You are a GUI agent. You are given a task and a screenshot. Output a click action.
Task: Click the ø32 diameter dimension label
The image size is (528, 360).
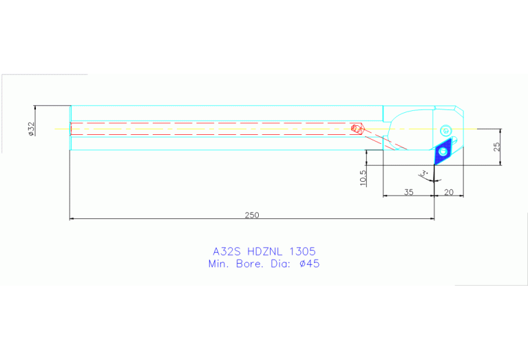(31, 129)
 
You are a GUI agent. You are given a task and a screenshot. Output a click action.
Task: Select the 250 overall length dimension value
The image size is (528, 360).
(252, 215)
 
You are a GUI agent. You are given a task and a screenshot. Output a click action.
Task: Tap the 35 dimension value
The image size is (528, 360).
(408, 192)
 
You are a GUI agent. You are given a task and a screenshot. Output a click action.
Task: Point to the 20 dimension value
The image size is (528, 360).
(449, 192)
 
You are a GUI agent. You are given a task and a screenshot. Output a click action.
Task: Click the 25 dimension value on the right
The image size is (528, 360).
(497, 147)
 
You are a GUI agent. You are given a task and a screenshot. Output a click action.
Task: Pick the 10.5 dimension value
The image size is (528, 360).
(363, 178)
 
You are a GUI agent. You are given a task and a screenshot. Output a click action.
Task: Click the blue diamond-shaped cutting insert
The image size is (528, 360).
(443, 153)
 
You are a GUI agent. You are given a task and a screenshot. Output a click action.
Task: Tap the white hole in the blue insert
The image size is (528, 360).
(443, 152)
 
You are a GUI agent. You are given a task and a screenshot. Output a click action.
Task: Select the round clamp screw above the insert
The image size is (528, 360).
(445, 130)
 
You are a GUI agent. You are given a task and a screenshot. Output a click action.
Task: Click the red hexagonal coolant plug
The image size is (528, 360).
(356, 128)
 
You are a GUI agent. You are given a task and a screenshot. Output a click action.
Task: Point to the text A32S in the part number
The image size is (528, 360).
(226, 251)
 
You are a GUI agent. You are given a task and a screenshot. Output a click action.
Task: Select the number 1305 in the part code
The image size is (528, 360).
(302, 251)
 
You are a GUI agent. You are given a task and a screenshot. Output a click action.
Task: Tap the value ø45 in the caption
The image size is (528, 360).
(310, 264)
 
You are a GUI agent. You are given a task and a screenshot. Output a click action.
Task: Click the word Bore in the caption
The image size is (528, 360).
(249, 264)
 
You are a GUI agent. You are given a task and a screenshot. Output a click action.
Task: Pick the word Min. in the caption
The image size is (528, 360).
(218, 264)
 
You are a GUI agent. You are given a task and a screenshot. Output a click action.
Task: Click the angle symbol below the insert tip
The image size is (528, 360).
(422, 173)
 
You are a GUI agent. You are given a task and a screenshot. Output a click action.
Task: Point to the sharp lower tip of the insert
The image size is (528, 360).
(435, 165)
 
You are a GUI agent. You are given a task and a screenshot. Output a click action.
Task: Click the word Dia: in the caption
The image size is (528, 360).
(280, 264)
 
